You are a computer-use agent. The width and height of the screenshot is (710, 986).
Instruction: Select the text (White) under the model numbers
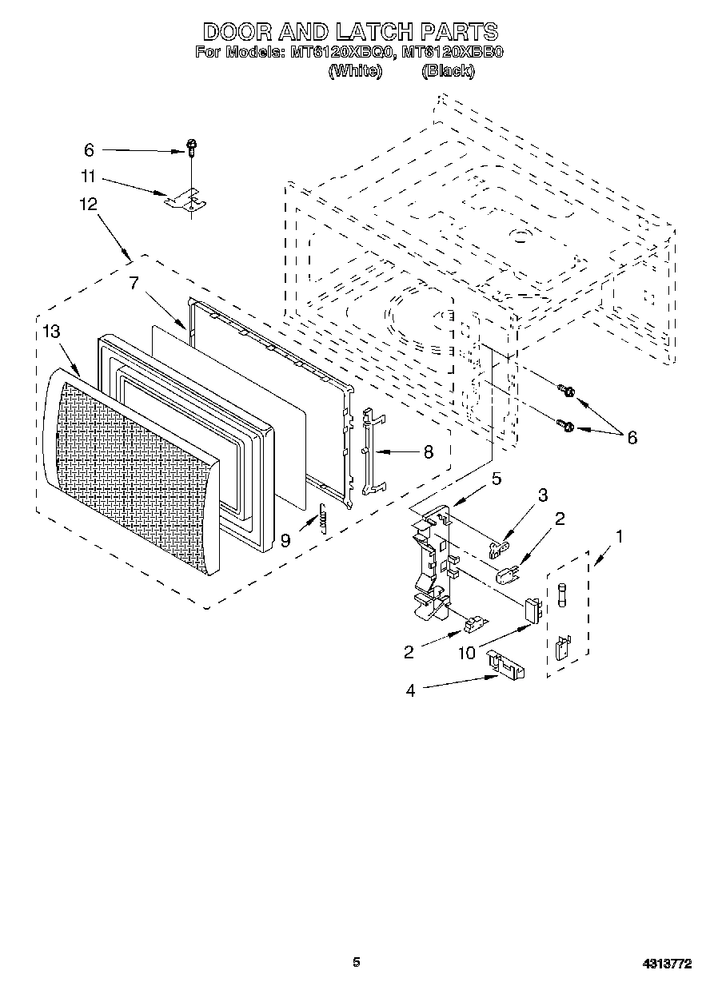point(355,71)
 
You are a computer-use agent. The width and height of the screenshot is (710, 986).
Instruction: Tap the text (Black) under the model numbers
point(448,71)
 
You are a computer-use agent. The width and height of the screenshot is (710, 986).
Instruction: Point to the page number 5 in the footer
point(357,962)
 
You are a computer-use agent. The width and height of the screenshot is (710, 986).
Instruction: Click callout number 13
point(50,332)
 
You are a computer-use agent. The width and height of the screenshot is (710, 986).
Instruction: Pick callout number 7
point(134,282)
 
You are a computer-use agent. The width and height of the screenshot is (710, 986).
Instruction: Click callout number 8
point(428,452)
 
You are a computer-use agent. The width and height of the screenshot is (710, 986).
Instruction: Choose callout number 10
point(466,653)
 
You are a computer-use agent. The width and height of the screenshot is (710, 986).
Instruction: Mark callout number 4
point(410,690)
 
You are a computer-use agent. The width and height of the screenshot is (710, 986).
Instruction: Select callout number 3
point(543,495)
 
